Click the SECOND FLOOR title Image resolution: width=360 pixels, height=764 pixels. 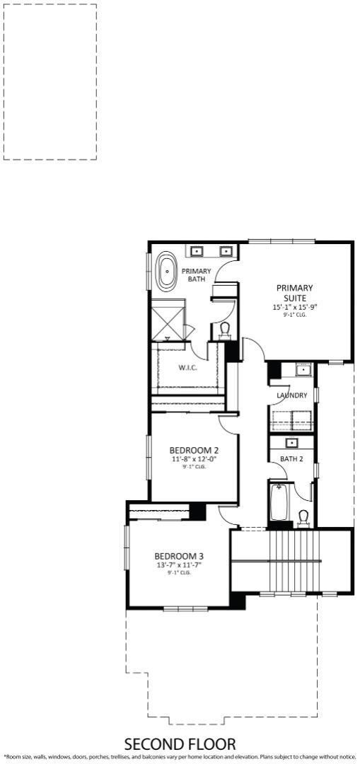pos(180,744)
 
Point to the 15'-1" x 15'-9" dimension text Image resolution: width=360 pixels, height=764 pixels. pos(295,307)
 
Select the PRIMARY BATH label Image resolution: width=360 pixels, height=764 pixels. pos(197,274)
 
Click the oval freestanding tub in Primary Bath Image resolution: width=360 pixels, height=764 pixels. pos(168,271)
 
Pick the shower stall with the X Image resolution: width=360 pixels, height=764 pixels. pos(168,320)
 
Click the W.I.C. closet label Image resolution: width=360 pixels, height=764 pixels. pos(187,367)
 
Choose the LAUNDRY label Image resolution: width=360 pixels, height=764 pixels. pos(292,395)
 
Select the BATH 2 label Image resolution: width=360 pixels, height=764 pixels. pos(291,458)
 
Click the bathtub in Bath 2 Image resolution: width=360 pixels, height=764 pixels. pos(279,502)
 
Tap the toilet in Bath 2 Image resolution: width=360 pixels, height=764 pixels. pos(303,518)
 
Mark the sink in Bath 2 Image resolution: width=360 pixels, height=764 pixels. pos(292,443)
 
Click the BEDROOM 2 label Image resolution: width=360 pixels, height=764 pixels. pos(193,450)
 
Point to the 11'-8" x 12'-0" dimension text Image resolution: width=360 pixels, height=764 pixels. pos(193,459)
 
